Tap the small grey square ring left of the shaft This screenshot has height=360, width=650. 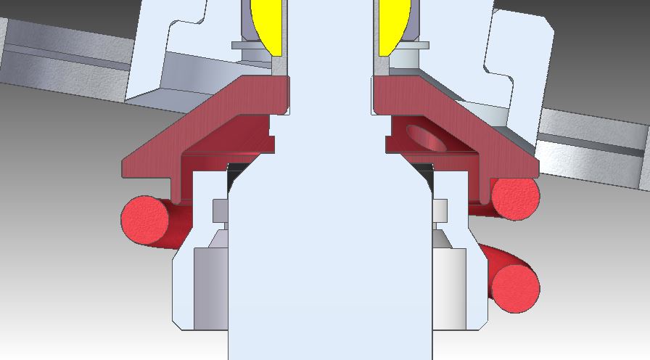tap(220, 210)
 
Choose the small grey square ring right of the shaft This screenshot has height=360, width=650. tap(440, 210)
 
